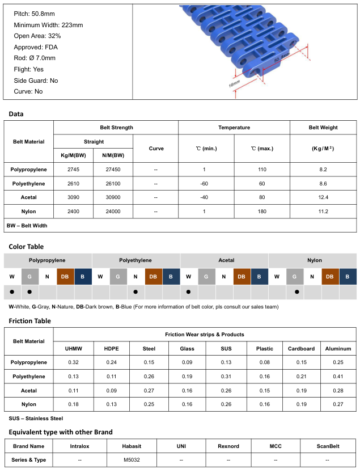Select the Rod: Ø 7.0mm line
click(35, 58)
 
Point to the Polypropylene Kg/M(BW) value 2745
click(73, 170)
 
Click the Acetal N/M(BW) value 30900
click(113, 197)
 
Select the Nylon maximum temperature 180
click(262, 212)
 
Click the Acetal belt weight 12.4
click(323, 197)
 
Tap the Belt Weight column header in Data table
click(323, 128)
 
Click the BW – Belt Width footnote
click(27, 225)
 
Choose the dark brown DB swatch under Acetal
click(242, 276)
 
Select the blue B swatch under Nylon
click(348, 276)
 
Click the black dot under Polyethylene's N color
click(135, 292)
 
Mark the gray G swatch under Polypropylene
click(29, 276)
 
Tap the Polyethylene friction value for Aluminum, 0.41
click(338, 377)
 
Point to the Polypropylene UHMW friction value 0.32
click(73, 362)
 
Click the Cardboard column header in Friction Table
click(301, 349)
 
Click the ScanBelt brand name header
click(328, 446)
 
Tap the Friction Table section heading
click(30, 321)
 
